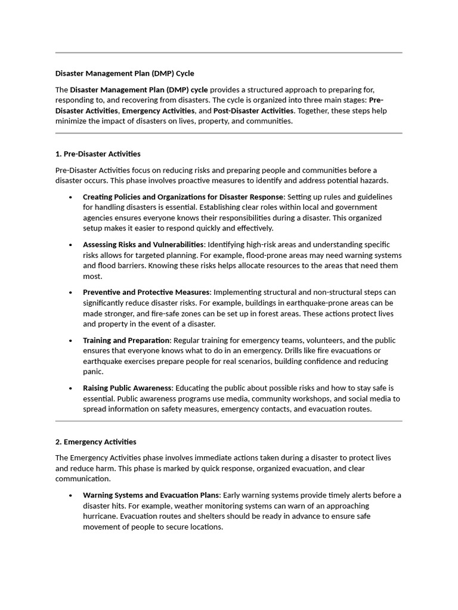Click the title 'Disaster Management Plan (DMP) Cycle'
(125, 73)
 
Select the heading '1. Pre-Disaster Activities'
(98, 154)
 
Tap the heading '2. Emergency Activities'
(95, 442)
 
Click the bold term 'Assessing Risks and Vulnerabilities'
(143, 244)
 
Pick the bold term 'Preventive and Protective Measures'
(146, 292)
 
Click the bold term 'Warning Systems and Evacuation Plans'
(151, 495)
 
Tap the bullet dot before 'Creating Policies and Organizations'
(70, 197)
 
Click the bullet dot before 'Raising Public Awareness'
(70, 388)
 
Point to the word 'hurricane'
(100, 516)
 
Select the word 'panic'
(93, 372)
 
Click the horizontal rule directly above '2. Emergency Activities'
(229, 421)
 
